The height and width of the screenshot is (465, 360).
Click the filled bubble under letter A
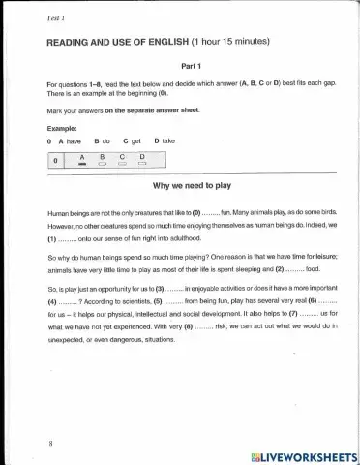[x=83, y=164]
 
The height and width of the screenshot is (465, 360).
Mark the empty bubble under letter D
[x=142, y=164]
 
